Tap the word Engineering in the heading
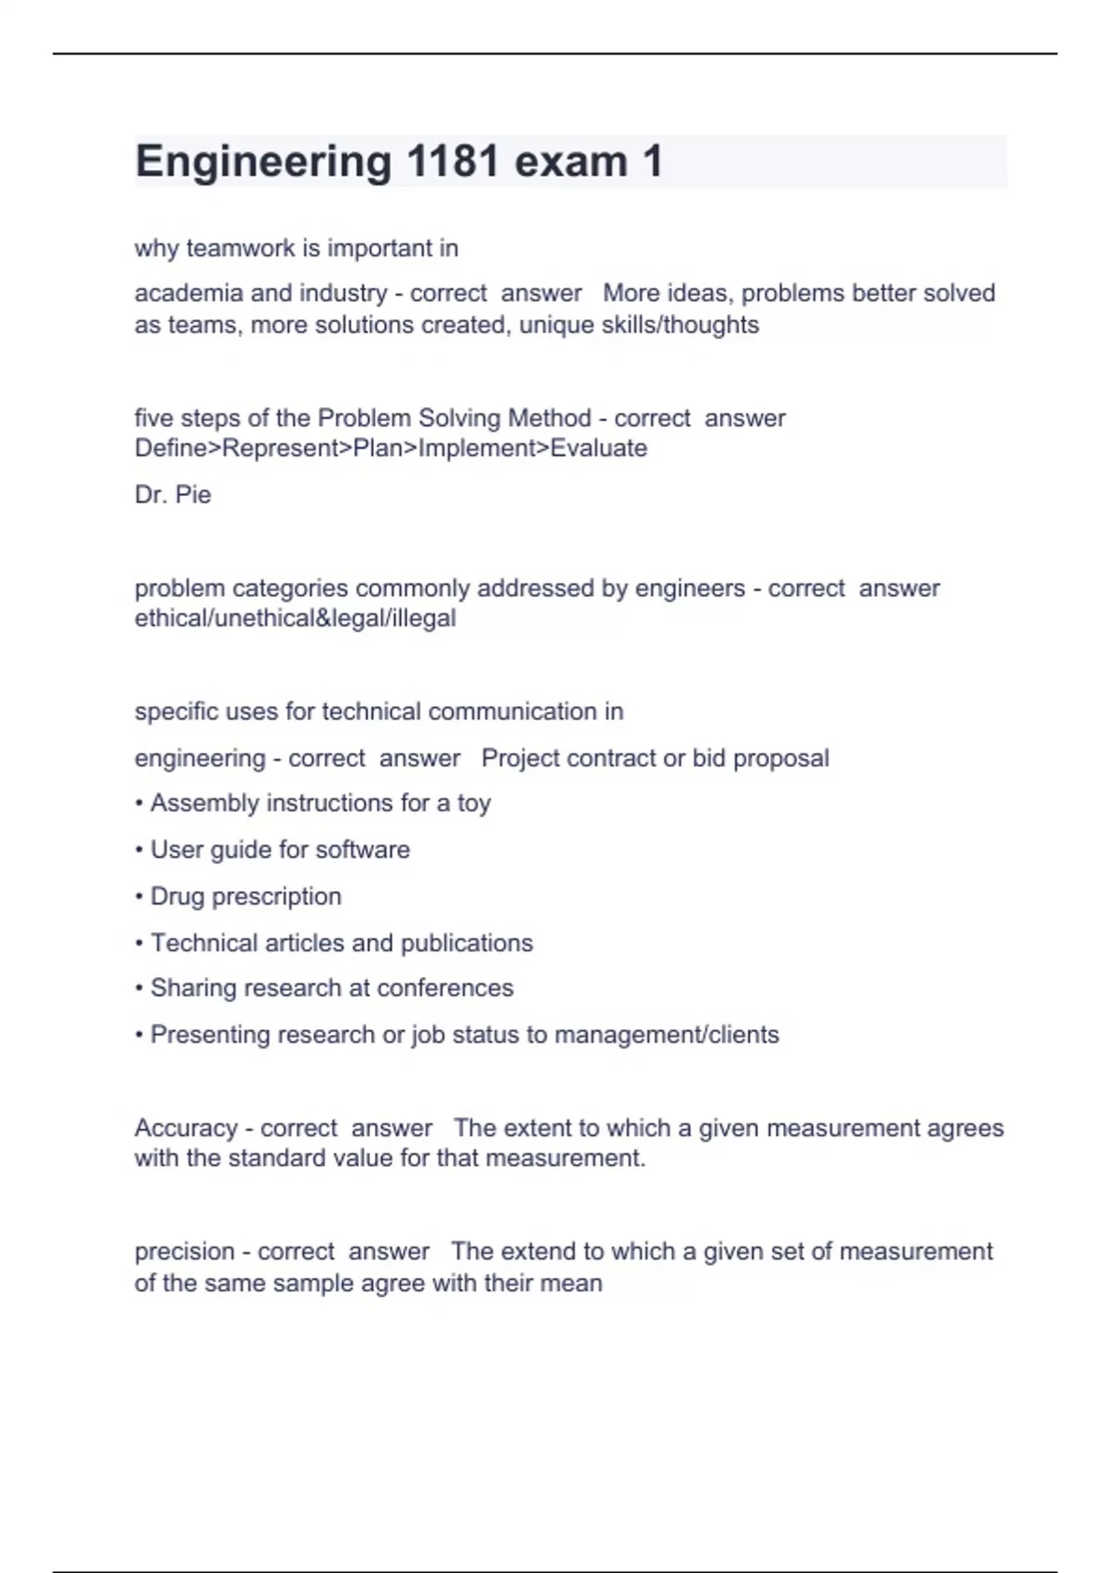(x=264, y=162)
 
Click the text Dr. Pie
(x=173, y=495)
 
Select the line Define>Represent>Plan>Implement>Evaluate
(x=391, y=449)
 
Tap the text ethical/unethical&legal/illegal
(x=295, y=618)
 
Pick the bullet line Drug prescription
(x=245, y=897)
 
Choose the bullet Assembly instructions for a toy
(x=320, y=803)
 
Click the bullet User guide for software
(x=280, y=849)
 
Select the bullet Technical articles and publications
(x=342, y=943)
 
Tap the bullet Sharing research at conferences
(x=331, y=988)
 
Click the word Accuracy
(x=186, y=1128)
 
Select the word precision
(x=184, y=1252)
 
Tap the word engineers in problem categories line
(x=690, y=588)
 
